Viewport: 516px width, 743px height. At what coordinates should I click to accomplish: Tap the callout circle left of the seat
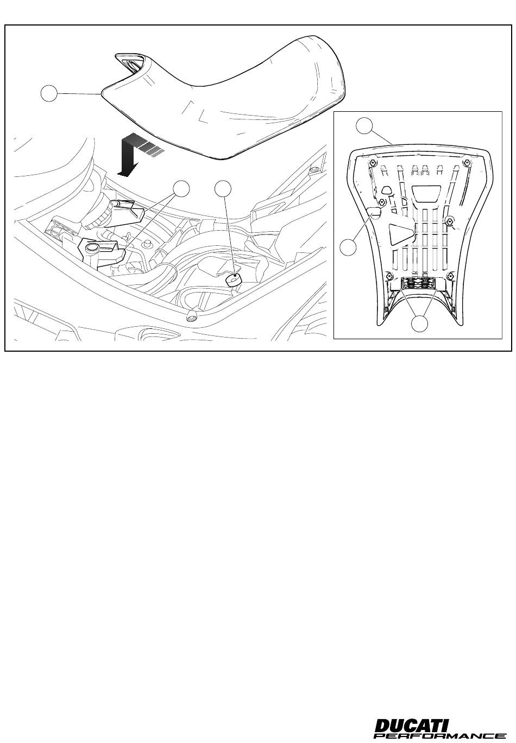point(49,93)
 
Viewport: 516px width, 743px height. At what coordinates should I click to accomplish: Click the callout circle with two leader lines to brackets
point(181,189)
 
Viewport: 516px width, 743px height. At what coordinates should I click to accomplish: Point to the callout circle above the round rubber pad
point(223,189)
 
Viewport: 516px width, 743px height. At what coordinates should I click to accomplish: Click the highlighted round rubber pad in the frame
point(233,280)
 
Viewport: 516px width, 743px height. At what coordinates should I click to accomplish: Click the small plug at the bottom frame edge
point(192,315)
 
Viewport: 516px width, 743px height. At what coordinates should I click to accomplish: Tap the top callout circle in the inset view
point(364,126)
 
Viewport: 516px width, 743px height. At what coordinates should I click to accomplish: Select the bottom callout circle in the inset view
point(419,323)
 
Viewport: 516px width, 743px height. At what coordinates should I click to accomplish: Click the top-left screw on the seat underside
point(373,162)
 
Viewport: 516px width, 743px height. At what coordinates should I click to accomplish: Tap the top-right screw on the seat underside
point(468,162)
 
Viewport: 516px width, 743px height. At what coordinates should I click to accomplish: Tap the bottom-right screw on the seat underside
point(451,275)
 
